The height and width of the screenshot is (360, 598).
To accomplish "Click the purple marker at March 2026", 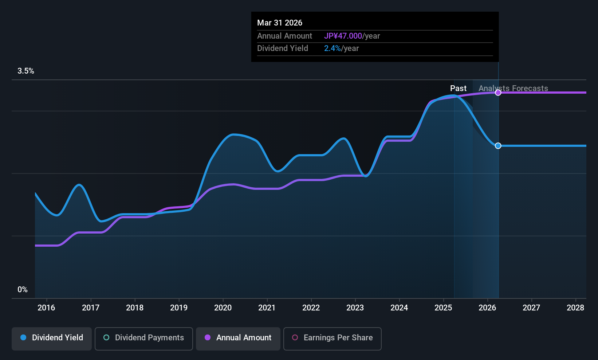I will click(x=498, y=93).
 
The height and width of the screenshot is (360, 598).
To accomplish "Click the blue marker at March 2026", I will click(x=498, y=146).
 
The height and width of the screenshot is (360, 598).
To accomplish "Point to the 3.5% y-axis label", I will click(x=25, y=71).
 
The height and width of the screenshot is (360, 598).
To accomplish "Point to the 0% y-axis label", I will click(x=22, y=290).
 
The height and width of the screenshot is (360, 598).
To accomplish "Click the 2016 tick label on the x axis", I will click(x=46, y=308).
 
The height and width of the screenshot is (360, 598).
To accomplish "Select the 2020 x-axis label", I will click(x=223, y=308).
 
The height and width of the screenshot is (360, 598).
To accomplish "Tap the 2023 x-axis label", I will click(x=355, y=308).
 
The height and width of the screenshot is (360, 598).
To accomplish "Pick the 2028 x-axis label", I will click(x=575, y=308).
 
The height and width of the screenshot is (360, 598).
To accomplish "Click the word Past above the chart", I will click(x=458, y=89).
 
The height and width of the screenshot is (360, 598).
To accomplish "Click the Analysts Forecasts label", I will click(x=513, y=89).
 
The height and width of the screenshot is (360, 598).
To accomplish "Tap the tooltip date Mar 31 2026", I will click(x=279, y=23).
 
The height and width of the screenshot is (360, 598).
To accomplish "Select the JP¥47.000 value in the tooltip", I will click(x=343, y=36).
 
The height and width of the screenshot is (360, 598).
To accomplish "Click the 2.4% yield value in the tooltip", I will click(x=332, y=48).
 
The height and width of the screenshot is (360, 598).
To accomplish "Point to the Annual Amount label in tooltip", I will click(x=284, y=36).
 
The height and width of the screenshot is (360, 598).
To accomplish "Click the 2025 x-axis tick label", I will click(x=443, y=308).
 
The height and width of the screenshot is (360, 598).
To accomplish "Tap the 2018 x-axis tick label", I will click(x=134, y=308).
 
